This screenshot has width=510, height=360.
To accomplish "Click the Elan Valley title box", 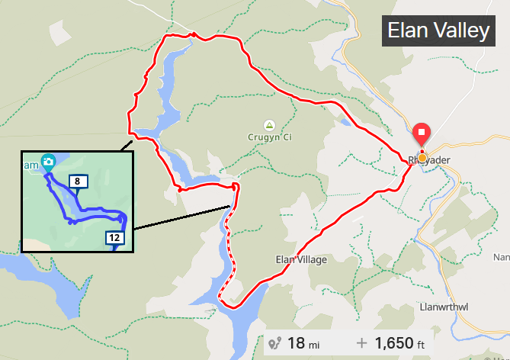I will tap(438, 31).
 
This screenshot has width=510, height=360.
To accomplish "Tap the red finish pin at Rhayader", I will tap(422, 134).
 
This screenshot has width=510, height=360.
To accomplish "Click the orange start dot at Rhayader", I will tap(422, 158).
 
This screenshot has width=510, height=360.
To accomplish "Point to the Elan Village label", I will tap(301, 260).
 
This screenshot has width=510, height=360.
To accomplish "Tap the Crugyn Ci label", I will tap(270, 137).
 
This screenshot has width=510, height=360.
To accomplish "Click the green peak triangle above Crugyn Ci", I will tap(268, 124).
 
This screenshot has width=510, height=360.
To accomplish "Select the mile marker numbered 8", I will tap(78, 182).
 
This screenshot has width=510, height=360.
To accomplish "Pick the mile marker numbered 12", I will tap(115, 237).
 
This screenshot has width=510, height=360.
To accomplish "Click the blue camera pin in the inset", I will tap(48, 162).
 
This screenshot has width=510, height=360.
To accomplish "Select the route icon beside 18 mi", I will tap(275, 345).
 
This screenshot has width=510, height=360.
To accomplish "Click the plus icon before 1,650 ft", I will tap(361, 345).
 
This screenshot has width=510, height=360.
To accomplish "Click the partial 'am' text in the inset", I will tap(31, 164).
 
